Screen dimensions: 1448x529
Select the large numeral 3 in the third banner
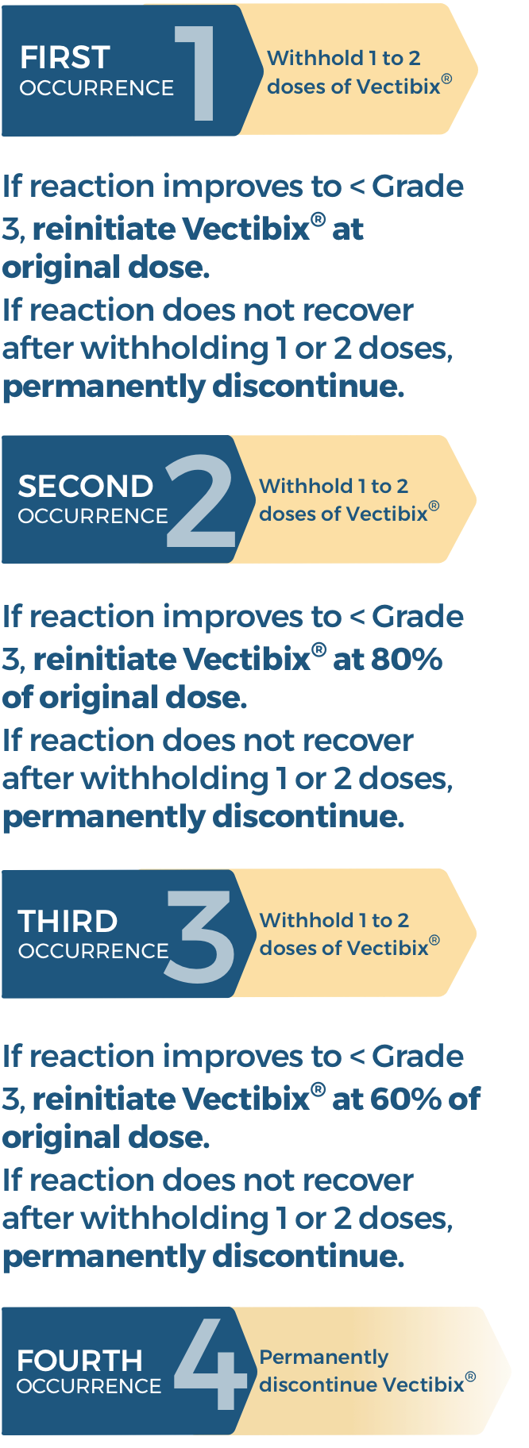200,936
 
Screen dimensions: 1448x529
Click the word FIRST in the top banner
65,58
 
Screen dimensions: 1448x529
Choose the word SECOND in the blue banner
85,486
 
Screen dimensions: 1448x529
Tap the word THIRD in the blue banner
68,922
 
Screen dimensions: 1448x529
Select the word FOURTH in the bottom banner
79,1361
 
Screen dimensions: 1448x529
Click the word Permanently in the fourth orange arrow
323,1357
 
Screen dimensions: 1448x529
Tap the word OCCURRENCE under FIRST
97,88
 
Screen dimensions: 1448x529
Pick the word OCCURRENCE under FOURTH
89,1386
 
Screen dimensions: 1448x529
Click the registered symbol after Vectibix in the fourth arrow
470,1377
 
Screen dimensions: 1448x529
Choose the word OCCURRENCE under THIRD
93,951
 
